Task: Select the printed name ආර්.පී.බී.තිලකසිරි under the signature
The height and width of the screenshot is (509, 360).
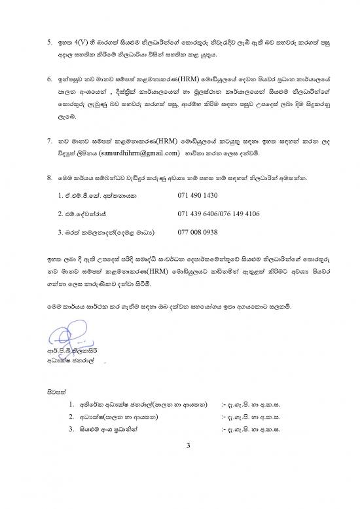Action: point(73,352)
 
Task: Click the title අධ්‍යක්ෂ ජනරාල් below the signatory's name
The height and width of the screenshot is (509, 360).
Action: point(66,361)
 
